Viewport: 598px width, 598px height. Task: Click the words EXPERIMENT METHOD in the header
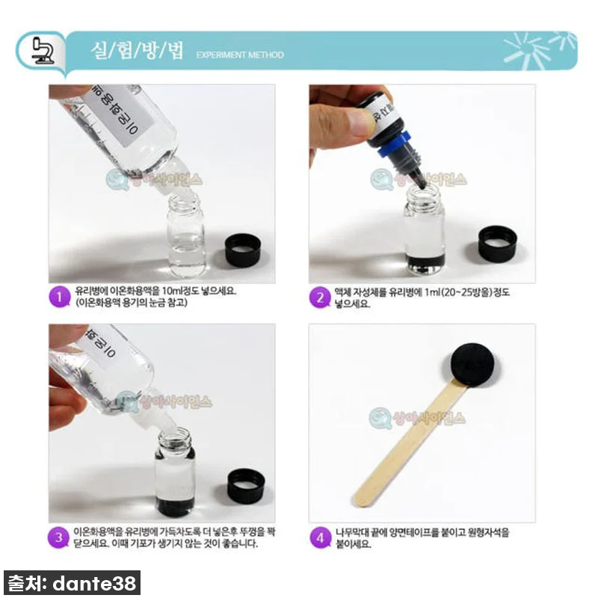point(240,55)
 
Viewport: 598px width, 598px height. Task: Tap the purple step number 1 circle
point(58,296)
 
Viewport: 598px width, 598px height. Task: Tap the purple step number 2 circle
point(320,298)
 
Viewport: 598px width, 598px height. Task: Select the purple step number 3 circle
point(58,536)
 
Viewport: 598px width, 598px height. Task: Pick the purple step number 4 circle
point(320,537)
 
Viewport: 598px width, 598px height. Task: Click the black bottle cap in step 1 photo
point(244,249)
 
